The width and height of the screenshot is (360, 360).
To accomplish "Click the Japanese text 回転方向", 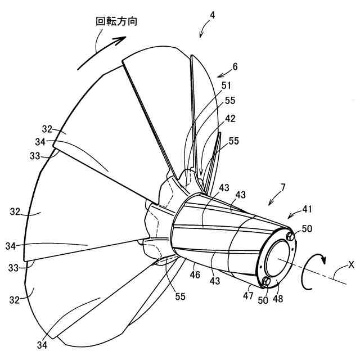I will [116, 21].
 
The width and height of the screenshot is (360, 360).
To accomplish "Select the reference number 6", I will [235, 66].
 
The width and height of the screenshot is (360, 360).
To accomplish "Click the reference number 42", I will [231, 119].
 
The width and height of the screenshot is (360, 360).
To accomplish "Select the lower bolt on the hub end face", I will [268, 281].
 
